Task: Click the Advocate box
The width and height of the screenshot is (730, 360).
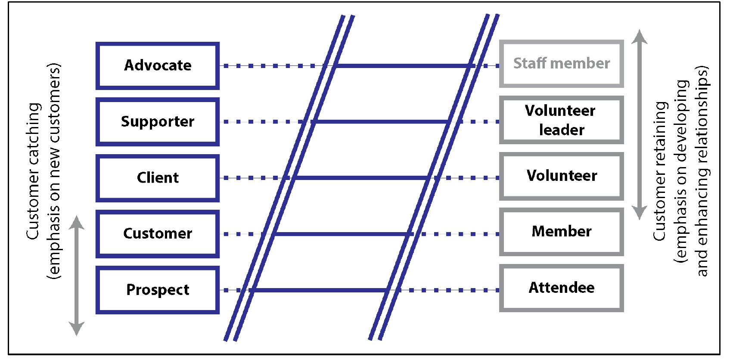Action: tap(158, 65)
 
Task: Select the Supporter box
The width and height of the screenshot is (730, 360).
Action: tap(158, 121)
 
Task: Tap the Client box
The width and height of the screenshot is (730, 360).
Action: tap(158, 178)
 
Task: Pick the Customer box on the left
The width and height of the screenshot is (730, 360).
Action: tap(158, 234)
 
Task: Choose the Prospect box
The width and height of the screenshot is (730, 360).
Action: tap(158, 290)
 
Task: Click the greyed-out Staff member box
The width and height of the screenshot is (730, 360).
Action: tap(562, 64)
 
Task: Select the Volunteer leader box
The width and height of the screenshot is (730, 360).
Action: tap(562, 120)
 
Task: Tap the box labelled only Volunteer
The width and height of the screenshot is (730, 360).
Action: tap(562, 176)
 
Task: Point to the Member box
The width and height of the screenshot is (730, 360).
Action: tap(562, 232)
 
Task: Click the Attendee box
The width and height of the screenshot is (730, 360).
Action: tap(562, 288)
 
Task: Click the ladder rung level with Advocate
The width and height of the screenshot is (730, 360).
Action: tap(403, 66)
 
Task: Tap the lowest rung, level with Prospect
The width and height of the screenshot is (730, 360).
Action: tap(319, 290)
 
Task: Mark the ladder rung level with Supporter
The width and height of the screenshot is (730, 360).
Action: tap(382, 122)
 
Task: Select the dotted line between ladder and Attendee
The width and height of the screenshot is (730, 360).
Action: tap(448, 290)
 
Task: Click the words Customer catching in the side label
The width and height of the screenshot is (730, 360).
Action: tap(34, 171)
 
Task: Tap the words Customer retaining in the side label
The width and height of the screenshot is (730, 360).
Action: tap(659, 171)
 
